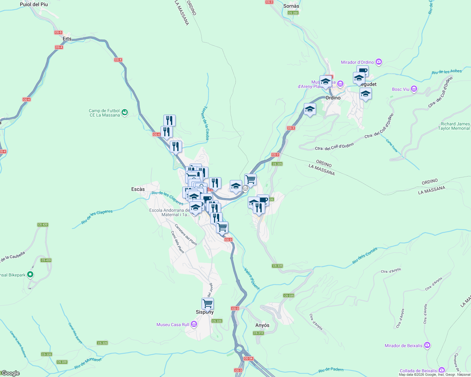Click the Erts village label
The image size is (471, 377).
tap(67, 39)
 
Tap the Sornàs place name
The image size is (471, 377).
tap(291, 6)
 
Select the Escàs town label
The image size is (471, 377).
tap(138, 189)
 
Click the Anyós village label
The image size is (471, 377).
tap(262, 325)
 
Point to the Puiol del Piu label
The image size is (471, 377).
tap(34, 4)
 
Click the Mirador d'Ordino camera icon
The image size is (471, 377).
tap(379, 62)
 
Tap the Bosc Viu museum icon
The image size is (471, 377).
tap(414, 89)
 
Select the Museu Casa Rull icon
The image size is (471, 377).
tap(194, 325)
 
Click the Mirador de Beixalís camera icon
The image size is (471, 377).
tap(427, 345)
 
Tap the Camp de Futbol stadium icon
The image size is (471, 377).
tap(125, 112)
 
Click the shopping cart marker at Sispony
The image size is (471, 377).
tap(207, 304)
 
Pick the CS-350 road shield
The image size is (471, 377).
tap(293, 13)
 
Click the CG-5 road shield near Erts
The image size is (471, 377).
tap(58, 32)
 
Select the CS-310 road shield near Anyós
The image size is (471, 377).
tap(258, 333)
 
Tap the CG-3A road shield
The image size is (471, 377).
tap(248, 358)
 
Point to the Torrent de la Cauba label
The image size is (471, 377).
tap(205, 123)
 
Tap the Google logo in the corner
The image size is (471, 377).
tap(10, 373)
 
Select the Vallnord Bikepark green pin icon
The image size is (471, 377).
tap(30, 275)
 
